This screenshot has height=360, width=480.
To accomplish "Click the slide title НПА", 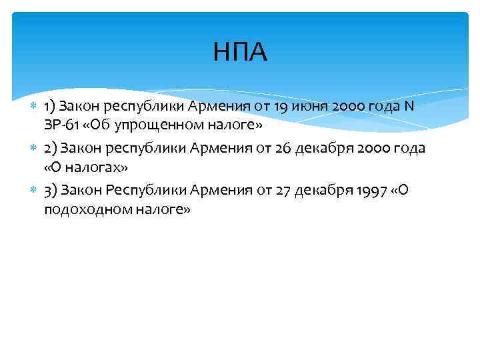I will click(240, 53).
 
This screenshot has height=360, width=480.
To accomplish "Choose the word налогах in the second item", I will click(90, 167).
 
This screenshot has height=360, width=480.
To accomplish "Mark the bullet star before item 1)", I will click(33, 106).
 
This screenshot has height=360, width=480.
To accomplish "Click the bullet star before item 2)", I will click(33, 149).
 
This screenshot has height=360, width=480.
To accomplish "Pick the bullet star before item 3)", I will click(33, 191).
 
